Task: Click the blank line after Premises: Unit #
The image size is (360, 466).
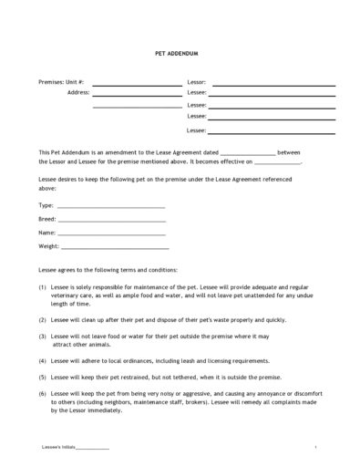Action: coord(137,85)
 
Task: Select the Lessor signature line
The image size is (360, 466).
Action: coord(273,85)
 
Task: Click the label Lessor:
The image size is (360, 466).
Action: coord(197,82)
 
